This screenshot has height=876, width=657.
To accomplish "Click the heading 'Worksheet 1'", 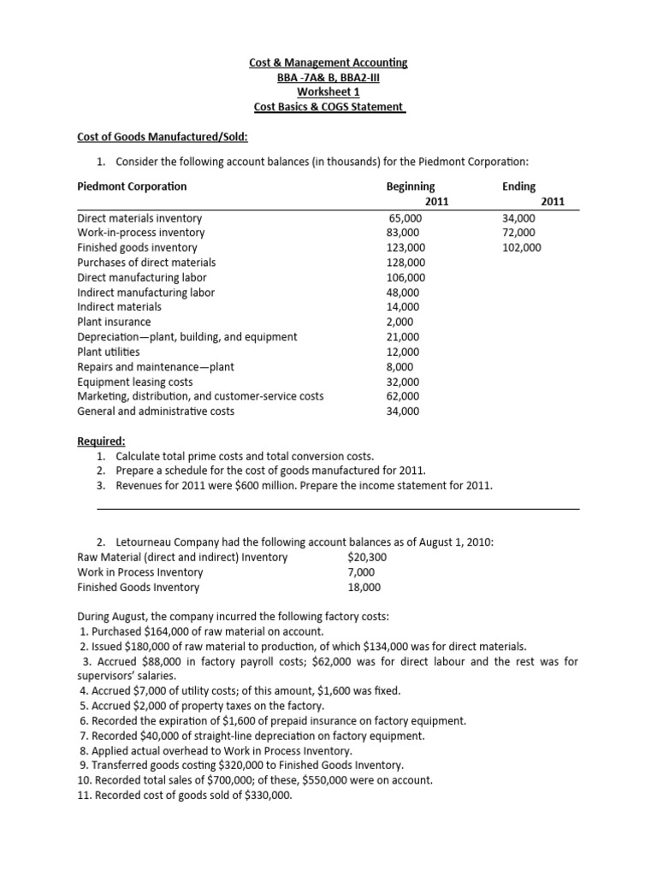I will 328,92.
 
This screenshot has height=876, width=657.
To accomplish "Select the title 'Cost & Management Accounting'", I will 328,62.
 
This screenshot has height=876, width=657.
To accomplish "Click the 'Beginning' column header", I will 411,186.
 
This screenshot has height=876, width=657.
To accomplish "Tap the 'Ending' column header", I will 519,186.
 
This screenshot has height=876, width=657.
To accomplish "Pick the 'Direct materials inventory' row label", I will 139,218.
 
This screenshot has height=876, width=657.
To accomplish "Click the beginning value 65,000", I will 405,218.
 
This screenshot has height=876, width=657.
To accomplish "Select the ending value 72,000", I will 519,233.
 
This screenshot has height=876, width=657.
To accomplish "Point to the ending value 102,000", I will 522,247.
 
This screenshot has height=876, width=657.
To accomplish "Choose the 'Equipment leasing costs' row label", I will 134,382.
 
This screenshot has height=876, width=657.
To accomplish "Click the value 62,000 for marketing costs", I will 404,396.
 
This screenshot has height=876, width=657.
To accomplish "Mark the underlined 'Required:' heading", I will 101,441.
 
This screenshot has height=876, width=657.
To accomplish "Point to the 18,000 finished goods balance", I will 364,587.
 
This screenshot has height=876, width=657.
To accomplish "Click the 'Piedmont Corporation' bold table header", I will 132,186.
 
